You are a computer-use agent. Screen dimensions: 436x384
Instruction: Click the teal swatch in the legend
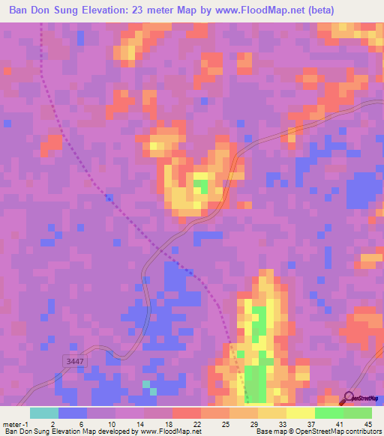pyautogui.click(x=44, y=413)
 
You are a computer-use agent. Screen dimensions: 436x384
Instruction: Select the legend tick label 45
pyautogui.click(x=368, y=424)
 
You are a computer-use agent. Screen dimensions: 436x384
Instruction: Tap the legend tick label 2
pyautogui.click(x=52, y=424)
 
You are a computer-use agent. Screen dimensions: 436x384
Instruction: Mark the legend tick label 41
pyautogui.click(x=340, y=424)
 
